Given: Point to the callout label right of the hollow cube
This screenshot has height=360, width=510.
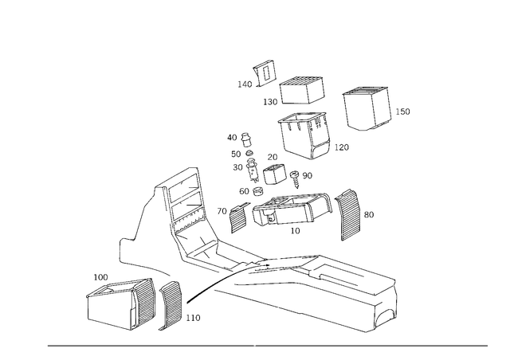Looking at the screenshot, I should point(403,111).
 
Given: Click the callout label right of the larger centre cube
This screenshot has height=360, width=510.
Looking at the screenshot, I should point(343,146).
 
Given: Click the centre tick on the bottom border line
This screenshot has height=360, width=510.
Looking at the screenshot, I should point(254,346).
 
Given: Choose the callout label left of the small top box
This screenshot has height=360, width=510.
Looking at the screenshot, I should point(269,102).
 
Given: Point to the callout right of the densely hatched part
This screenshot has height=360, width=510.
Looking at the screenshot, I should point(368,213).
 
